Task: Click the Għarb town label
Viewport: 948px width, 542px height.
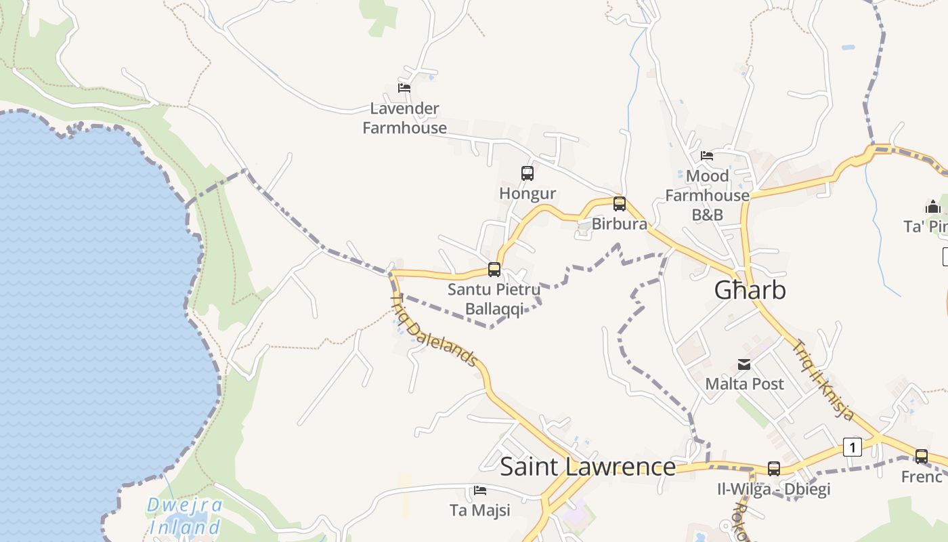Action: click(750, 290)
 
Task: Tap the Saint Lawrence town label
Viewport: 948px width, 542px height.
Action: click(587, 467)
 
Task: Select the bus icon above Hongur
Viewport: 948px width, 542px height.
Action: click(527, 173)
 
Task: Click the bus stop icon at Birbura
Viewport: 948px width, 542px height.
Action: click(619, 203)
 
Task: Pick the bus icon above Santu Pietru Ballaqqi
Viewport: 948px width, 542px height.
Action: click(494, 270)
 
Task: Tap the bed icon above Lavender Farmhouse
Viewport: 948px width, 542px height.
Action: click(404, 88)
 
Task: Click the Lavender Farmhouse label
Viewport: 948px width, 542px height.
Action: click(405, 118)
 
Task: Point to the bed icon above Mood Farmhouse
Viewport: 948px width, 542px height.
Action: click(707, 156)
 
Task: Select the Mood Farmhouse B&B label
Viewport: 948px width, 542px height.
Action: click(707, 195)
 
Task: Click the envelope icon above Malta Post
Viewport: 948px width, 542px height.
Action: click(744, 364)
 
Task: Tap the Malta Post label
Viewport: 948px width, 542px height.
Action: click(744, 383)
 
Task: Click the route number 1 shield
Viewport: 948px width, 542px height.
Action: click(853, 447)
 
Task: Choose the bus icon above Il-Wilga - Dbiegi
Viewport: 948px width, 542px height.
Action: click(774, 468)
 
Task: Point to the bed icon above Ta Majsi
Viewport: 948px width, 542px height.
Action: click(480, 491)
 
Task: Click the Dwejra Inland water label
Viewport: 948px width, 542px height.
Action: click(185, 516)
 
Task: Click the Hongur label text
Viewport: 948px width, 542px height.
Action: click(527, 193)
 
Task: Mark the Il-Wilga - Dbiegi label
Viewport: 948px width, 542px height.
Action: click(774, 488)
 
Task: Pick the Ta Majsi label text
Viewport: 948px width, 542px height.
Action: click(480, 509)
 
